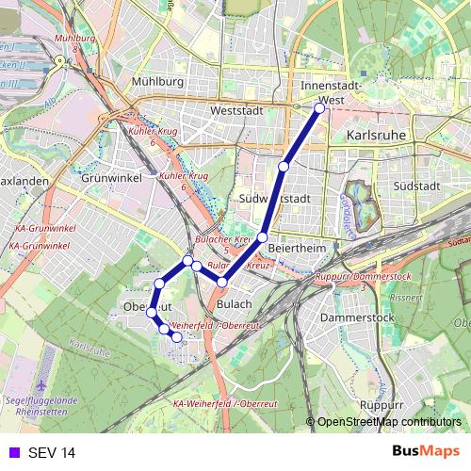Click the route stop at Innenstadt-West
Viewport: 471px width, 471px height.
click(x=319, y=108)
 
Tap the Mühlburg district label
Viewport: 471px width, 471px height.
click(x=159, y=81)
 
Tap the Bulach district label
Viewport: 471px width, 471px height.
click(x=235, y=304)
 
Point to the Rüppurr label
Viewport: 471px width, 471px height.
click(x=382, y=405)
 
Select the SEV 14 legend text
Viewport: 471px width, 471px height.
click(x=52, y=452)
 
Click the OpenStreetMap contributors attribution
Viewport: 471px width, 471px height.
click(x=389, y=422)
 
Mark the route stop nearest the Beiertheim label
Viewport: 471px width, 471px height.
click(x=263, y=236)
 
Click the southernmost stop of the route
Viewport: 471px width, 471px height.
click(x=176, y=336)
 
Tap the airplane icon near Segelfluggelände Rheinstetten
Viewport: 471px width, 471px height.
click(x=43, y=387)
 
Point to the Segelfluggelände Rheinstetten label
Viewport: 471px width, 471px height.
click(x=43, y=404)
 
